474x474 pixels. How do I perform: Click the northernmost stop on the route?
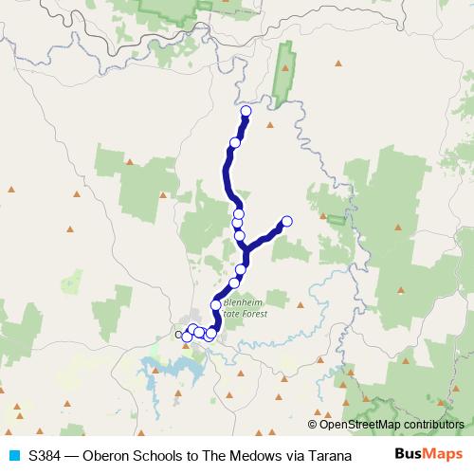coord(246,112)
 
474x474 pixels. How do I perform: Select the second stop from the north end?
coord(234,143)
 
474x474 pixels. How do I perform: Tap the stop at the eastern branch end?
coord(286,222)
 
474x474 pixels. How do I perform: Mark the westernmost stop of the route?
coord(180,334)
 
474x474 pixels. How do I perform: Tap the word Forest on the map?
coord(254,314)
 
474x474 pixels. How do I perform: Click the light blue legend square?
coord(13,453)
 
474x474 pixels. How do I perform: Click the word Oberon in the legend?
coord(107,453)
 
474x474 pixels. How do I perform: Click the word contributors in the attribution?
coord(433,425)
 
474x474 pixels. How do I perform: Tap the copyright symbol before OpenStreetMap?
coord(314,425)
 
